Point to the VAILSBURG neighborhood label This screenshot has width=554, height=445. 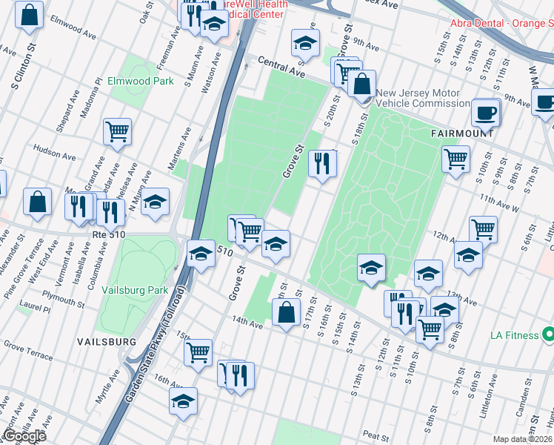tap(107, 340)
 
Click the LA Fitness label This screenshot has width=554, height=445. tap(515, 335)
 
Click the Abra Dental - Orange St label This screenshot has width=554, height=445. tap(501, 23)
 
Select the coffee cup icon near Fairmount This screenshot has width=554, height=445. tap(486, 113)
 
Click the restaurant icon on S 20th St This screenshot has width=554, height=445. tap(322, 163)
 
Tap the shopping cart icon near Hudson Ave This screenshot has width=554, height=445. tap(117, 132)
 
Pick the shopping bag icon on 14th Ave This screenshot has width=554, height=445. tap(286, 313)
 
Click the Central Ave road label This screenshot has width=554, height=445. tap(282, 68)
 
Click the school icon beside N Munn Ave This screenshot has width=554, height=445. tap(155, 202)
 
